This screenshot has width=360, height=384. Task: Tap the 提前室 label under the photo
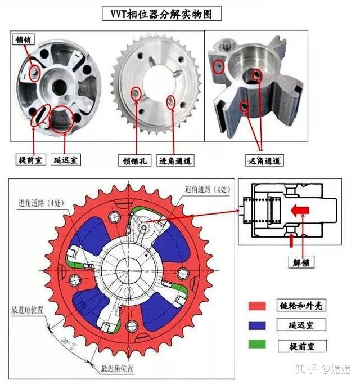click(30, 160)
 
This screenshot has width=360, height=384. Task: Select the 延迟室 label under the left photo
click(65, 160)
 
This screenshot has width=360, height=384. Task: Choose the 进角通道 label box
click(175, 160)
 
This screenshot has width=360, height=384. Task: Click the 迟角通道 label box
click(264, 160)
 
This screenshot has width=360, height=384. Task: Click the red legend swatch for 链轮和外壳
click(257, 306)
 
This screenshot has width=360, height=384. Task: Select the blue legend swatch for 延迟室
click(257, 325)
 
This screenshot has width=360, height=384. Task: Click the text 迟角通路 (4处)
click(206, 189)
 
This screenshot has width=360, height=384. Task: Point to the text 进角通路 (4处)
click(40, 202)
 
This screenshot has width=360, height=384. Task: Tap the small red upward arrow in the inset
click(291, 240)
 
